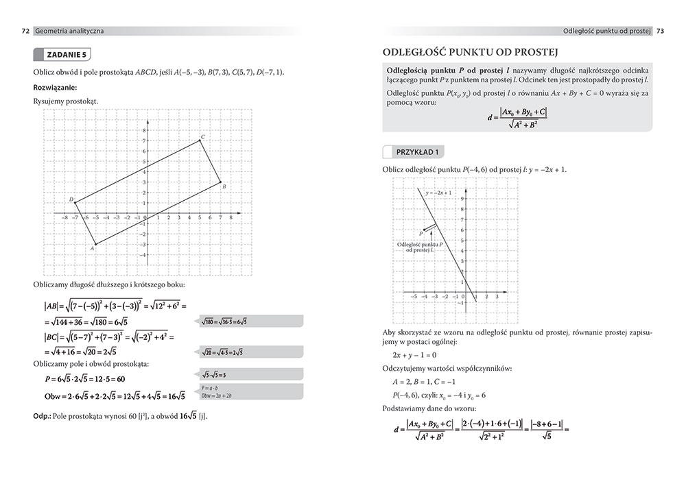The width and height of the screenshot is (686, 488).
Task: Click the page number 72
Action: coord(25,31)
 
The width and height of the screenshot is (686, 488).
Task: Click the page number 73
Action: coord(660,31)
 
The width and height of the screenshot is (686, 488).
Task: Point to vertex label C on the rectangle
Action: coord(203,137)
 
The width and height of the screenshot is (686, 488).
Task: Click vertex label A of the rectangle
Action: coord(92,248)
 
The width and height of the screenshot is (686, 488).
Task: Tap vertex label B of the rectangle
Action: coord(224,186)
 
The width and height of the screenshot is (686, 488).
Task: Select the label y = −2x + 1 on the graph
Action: coord(438,193)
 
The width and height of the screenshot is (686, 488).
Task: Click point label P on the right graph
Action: coord(421,234)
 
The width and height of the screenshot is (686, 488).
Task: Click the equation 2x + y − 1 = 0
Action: coord(414,355)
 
